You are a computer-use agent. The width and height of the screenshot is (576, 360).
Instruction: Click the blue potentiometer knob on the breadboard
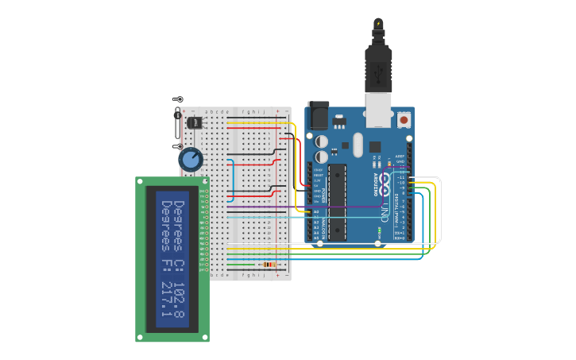pyautogui.click(x=191, y=159)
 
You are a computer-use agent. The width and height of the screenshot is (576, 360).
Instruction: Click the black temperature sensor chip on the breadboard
pyautogui.click(x=193, y=122)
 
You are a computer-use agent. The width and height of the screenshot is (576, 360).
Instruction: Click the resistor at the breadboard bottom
pyautogui.click(x=269, y=265)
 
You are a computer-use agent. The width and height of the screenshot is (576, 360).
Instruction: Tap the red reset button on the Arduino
pyautogui.click(x=404, y=120)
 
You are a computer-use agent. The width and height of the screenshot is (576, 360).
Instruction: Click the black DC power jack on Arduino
pyautogui.click(x=318, y=116)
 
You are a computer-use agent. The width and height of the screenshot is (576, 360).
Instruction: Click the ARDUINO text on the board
pyautogui.click(x=374, y=184)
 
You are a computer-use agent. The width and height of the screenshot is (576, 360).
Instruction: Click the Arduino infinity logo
pyautogui.click(x=386, y=184)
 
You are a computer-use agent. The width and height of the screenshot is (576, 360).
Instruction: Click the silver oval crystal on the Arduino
pyautogui.click(x=357, y=144)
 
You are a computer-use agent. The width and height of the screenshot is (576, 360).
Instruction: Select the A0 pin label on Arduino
pyautogui.click(x=315, y=212)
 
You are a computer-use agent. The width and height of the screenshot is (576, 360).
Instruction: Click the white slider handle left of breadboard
pyautogui.click(x=176, y=123)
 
